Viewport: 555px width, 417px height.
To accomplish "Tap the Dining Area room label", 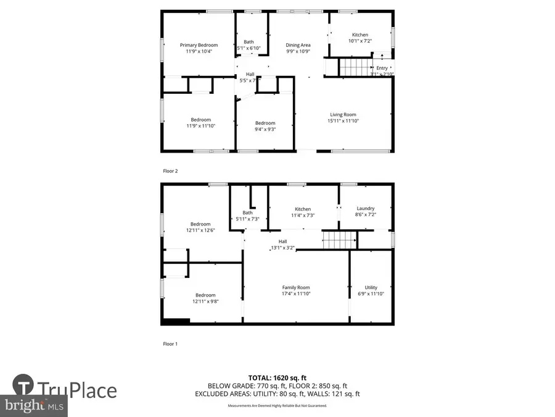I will point(298,45).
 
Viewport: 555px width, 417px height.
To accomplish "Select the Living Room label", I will point(343,114).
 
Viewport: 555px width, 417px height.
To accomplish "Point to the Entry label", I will point(382,68).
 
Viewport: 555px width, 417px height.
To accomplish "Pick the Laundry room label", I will point(365,209).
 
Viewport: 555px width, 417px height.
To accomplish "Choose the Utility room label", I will point(371,287).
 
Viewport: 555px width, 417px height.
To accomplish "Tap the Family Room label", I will point(296,287).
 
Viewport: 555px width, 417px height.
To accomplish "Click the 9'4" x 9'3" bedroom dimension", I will point(265,129).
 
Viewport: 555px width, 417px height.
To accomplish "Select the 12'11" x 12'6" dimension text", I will point(200,230).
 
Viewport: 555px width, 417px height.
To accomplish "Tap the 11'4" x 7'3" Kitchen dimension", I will point(302,216).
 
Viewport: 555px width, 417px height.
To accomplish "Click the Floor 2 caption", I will point(171,171).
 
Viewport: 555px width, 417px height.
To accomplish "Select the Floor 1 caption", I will point(170,343).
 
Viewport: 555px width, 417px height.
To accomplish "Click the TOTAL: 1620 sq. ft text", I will point(277,377).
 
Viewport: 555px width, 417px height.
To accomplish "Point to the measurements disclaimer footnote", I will point(277,405).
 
